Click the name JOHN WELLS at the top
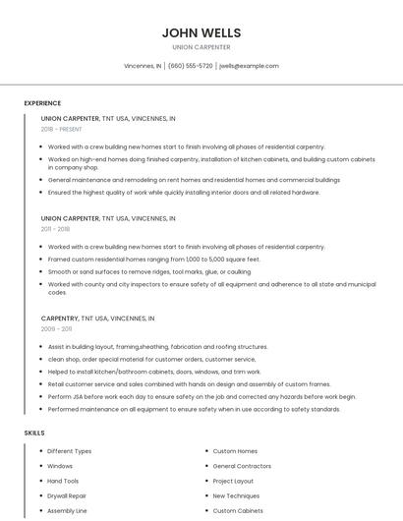click(201, 32)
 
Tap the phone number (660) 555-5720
click(191, 66)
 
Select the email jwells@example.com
click(249, 66)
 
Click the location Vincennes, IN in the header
click(143, 66)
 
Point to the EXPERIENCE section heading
click(42, 103)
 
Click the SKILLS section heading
click(34, 433)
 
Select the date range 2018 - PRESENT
click(63, 129)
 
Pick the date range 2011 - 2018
click(55, 229)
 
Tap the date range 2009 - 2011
click(55, 329)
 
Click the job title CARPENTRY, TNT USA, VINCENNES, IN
click(97, 318)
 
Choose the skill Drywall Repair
click(67, 496)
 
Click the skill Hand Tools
click(63, 481)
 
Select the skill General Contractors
click(242, 466)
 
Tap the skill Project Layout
click(233, 481)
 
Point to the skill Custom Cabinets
click(238, 511)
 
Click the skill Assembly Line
click(67, 511)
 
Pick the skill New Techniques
click(236, 496)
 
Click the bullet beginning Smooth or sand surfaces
click(149, 271)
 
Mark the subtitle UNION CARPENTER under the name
click(201, 47)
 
